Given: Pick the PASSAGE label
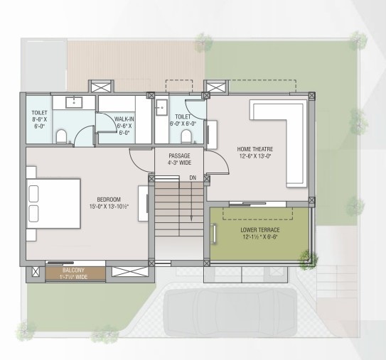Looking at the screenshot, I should click(x=179, y=156).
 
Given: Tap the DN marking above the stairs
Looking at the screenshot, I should click(x=191, y=177).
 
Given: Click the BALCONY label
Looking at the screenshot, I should click(x=73, y=271).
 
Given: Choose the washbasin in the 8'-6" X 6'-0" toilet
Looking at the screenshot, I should click(x=73, y=102).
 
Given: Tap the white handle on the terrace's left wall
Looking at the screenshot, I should click(x=215, y=234).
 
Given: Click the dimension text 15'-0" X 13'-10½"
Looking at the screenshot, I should click(x=109, y=207).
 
